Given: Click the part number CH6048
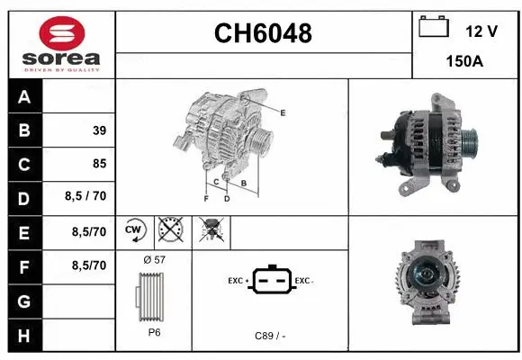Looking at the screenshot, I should pyautogui.click(x=263, y=33).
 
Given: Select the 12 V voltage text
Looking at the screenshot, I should pyautogui.click(x=481, y=31).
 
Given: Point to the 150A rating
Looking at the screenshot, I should pyautogui.click(x=466, y=64).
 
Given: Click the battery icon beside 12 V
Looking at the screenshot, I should pyautogui.click(x=434, y=27).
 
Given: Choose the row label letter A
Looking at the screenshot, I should pyautogui.click(x=24, y=97).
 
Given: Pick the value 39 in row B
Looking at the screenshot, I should pyautogui.click(x=99, y=130).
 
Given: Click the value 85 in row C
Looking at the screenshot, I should pyautogui.click(x=99, y=164).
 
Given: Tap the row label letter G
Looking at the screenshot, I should pyautogui.click(x=24, y=301).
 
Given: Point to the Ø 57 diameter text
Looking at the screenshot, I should pyautogui.click(x=155, y=259).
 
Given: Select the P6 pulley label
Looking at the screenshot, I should pyautogui.click(x=155, y=332).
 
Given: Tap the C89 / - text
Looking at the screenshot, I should pyautogui.click(x=271, y=336).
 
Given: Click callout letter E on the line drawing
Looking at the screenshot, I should pyautogui.click(x=283, y=112).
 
